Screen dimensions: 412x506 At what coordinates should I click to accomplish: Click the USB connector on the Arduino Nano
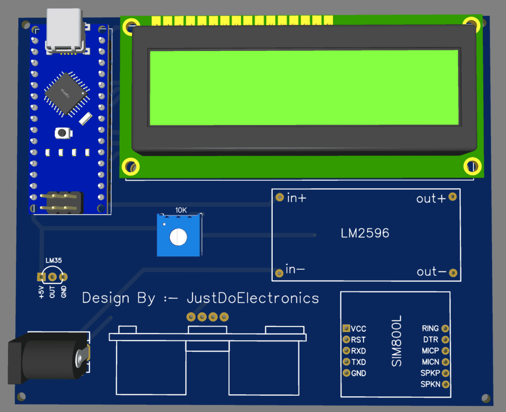tap(66, 31)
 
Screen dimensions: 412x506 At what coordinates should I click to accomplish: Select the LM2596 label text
tap(365, 233)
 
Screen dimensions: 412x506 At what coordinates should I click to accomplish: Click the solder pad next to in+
tap(279, 197)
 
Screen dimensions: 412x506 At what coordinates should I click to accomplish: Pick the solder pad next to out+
tap(452, 197)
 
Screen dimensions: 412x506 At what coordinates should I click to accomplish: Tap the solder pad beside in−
tap(279, 272)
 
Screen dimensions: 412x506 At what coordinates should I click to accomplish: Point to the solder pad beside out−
tap(452, 272)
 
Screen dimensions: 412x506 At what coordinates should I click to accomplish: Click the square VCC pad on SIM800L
tap(346, 328)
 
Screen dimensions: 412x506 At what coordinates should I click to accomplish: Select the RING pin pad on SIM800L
tap(445, 328)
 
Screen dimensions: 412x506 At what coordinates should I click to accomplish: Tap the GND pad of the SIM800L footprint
tap(346, 373)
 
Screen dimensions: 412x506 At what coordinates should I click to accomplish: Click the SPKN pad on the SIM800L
tap(445, 384)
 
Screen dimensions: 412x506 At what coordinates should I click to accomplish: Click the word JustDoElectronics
tap(253, 298)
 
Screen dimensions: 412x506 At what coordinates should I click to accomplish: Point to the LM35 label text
tap(53, 260)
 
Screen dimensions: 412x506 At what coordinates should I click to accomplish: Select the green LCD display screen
tap(304, 87)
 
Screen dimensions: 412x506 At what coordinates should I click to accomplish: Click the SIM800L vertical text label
tap(397, 341)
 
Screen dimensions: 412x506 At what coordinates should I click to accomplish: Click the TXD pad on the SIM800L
tap(346, 362)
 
